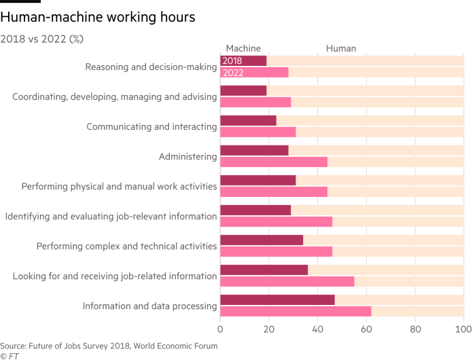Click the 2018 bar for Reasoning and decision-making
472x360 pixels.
[243, 61]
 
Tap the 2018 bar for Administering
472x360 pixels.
[255, 151]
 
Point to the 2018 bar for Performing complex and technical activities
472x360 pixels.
[261, 240]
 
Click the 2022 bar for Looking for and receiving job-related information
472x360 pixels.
[287, 282]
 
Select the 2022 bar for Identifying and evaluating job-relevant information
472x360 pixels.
[276, 222]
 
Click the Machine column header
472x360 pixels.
[242, 49]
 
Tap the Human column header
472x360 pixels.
[341, 49]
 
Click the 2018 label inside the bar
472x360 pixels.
[232, 61]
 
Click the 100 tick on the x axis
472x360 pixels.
[462, 329]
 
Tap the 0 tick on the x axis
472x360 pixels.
[221, 329]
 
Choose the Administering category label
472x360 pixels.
[187, 157]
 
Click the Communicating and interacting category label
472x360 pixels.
[152, 127]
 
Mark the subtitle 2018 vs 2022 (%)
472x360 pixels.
[42, 38]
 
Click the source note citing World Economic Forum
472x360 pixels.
[109, 345]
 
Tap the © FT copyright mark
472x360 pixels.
[10, 355]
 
